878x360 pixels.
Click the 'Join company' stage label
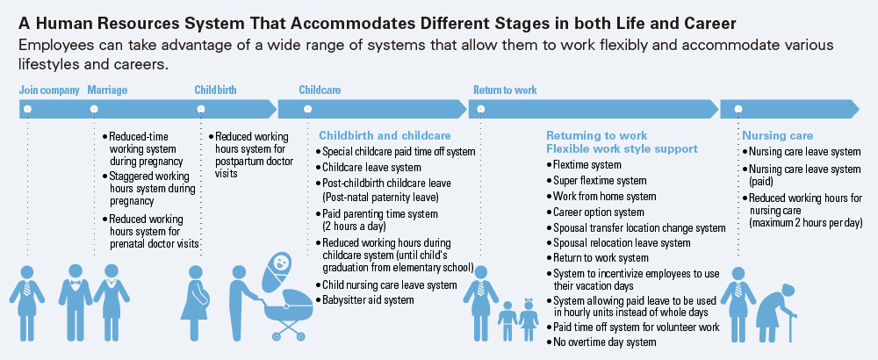click(x=49, y=90)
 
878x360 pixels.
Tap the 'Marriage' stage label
click(x=107, y=90)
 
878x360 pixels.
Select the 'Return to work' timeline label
click(x=505, y=90)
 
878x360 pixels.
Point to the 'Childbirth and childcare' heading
click(x=385, y=135)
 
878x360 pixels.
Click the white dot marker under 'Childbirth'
click(x=201, y=109)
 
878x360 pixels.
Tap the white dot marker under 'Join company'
click(x=27, y=109)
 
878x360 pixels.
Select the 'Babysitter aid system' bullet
click(x=364, y=299)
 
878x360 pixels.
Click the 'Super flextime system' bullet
click(x=596, y=181)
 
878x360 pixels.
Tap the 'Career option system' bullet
click(x=595, y=212)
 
